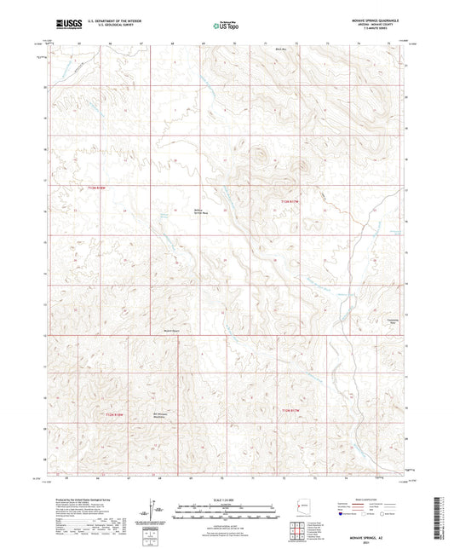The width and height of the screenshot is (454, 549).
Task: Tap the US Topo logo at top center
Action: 223,26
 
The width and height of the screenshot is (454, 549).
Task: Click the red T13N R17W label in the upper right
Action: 291,201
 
